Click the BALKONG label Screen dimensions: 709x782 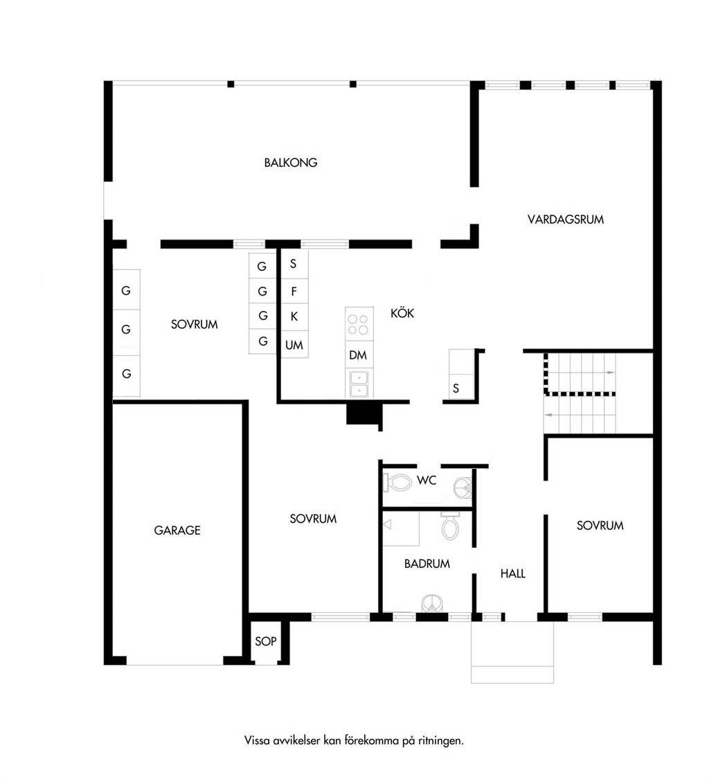[291, 163]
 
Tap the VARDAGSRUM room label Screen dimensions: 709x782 [566, 220]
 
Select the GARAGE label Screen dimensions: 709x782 [177, 530]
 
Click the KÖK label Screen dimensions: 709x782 [402, 312]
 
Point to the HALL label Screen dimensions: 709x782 [513, 574]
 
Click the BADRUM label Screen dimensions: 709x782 [427, 564]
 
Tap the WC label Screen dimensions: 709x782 [427, 480]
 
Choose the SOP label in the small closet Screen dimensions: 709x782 [265, 641]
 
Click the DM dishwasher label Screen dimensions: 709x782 [358, 355]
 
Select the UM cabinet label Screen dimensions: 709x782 [294, 345]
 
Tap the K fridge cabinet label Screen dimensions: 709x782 [294, 316]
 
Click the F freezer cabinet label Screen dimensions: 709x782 [294, 291]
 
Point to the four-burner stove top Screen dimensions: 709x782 [359, 324]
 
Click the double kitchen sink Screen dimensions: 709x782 [359, 384]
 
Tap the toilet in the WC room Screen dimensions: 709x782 [397, 482]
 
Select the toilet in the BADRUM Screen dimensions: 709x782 [450, 526]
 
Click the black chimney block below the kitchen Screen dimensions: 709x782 [365, 414]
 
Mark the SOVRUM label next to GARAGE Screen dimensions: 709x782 [313, 519]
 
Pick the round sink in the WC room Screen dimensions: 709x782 [463, 487]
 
